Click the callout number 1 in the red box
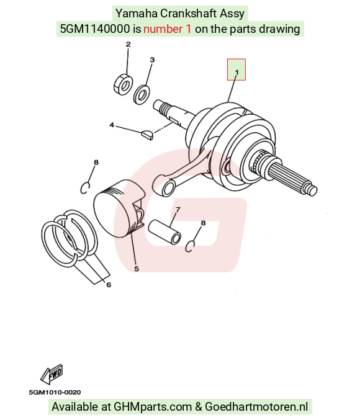[x=236, y=73]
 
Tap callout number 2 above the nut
[x=128, y=44]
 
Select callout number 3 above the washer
[x=152, y=60]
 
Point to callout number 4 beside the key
[x=112, y=125]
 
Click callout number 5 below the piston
[x=137, y=269]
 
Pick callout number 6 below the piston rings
[x=109, y=285]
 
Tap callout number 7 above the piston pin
[x=178, y=210]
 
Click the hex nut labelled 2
[x=123, y=84]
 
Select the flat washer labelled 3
[x=142, y=95]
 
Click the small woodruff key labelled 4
[x=148, y=134]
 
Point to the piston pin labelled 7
[x=164, y=231]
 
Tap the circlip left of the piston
[x=85, y=188]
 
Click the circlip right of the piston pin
[x=190, y=246]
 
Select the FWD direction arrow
[x=52, y=374]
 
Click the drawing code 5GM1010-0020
[x=55, y=392]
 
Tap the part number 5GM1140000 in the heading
[x=95, y=29]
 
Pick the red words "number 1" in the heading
[x=168, y=29]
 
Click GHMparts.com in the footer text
[x=153, y=406]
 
